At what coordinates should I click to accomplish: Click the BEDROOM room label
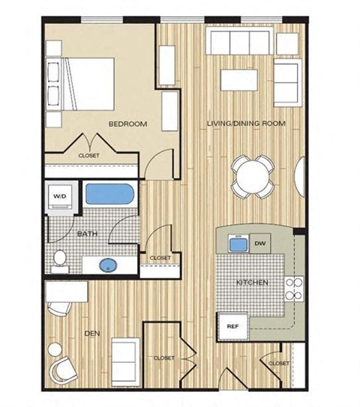127,124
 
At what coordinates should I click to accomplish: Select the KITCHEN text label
253,283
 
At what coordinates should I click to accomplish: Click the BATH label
88,234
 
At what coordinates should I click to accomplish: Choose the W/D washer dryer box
58,197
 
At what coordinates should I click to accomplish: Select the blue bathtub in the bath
109,195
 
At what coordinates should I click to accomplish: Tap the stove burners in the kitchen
294,289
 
